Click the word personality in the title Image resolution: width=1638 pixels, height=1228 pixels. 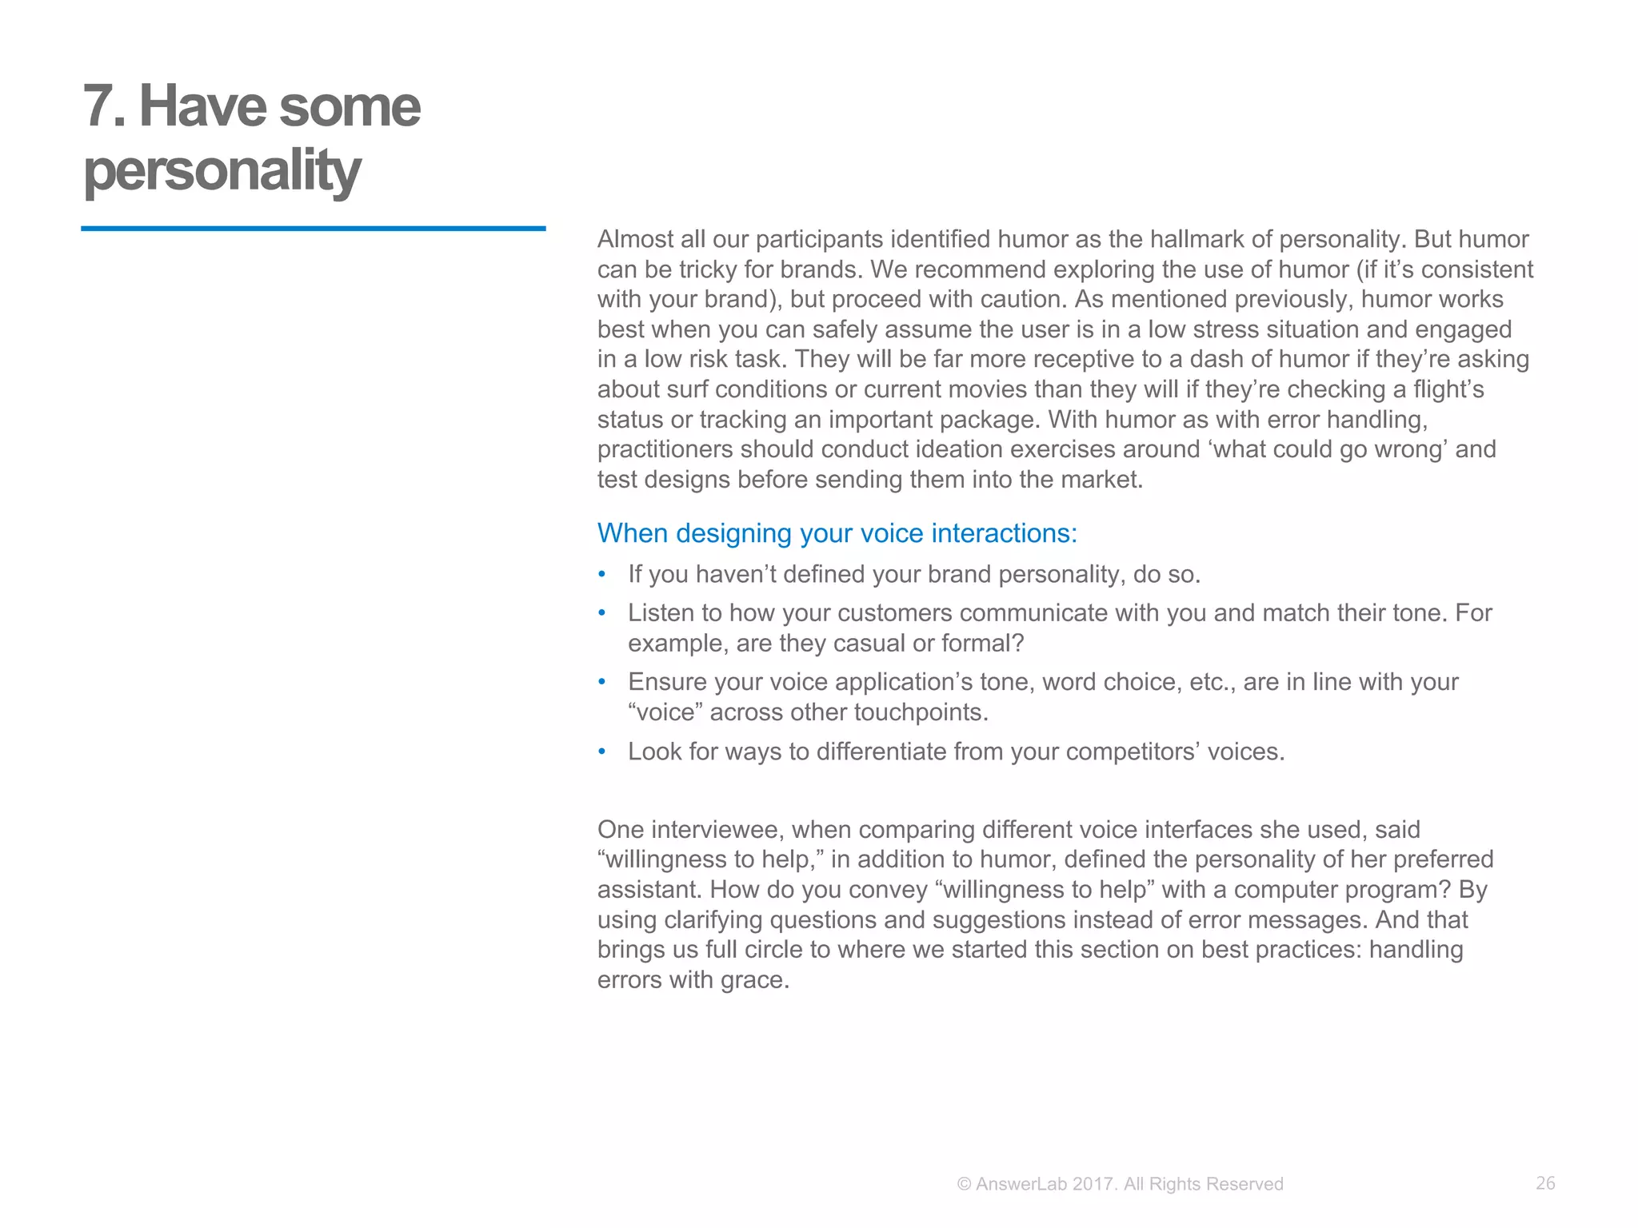coord(222,170)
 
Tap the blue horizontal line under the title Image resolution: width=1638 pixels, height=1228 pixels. coord(313,229)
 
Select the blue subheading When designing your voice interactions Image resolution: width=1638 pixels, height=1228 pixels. coord(837,533)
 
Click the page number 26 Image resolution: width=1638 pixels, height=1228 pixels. coord(1545,1183)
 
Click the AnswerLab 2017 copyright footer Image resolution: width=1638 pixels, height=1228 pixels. coord(1120,1184)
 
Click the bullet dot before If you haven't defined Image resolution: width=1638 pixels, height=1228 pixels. coord(602,575)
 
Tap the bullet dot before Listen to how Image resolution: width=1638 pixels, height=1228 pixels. coord(602,613)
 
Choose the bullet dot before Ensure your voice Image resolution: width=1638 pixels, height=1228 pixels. coord(602,682)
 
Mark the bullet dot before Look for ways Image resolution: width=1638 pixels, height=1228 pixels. coord(602,752)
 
